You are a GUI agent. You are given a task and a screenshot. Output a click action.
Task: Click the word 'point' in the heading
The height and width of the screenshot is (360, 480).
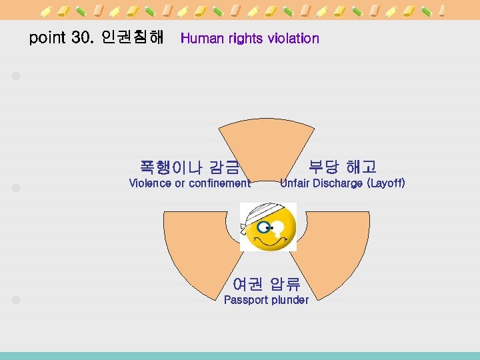pyautogui.click(x=47, y=38)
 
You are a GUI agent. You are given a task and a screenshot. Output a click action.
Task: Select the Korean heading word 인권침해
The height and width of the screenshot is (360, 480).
pyautogui.click(x=133, y=38)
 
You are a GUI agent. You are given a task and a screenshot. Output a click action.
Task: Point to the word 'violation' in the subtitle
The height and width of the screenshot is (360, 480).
pyautogui.click(x=293, y=39)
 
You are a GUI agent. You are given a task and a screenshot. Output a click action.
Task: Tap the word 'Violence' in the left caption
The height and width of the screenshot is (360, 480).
pyautogui.click(x=150, y=183)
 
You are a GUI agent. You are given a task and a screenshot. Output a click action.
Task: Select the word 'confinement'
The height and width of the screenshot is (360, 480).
pyautogui.click(x=219, y=183)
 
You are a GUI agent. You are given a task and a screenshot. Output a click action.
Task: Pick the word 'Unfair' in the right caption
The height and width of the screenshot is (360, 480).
pyautogui.click(x=294, y=183)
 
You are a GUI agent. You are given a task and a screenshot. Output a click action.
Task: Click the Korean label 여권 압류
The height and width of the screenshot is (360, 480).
pyautogui.click(x=266, y=284)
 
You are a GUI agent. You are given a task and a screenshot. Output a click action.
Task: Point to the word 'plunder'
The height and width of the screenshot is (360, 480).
pyautogui.click(x=288, y=300)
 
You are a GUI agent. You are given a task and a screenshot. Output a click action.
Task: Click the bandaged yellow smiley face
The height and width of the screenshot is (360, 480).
pyautogui.click(x=268, y=227)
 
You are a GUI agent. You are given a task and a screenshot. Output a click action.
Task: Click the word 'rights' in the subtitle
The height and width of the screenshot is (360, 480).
pyautogui.click(x=247, y=39)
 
